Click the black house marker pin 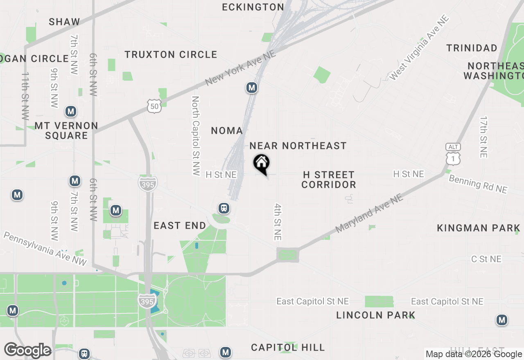click(261, 164)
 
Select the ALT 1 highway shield click(454, 153)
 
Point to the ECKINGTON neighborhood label click(253, 7)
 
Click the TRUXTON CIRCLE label click(171, 54)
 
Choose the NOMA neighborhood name click(227, 130)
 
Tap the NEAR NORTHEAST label click(298, 146)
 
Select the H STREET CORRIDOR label click(329, 180)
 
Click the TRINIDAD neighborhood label click(472, 48)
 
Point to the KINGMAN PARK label click(479, 228)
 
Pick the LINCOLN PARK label click(376, 315)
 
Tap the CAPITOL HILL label click(288, 347)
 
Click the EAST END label click(180, 225)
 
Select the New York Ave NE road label click(240, 68)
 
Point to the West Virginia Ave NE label click(420, 48)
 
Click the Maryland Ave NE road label click(369, 214)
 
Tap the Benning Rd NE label click(478, 184)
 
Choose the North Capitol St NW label click(196, 136)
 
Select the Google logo click(28, 350)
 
